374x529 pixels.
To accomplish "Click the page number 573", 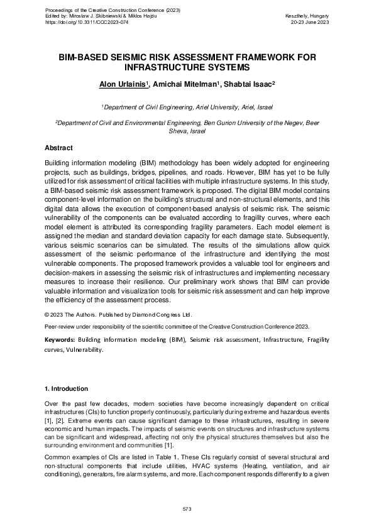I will [187, 508].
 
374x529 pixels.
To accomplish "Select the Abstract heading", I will [58, 148].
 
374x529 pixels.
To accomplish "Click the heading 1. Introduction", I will [66, 389].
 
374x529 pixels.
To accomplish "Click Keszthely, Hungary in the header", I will [307, 15].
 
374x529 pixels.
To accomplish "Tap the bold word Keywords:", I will [60, 340].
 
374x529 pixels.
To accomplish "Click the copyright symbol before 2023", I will [47, 314].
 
